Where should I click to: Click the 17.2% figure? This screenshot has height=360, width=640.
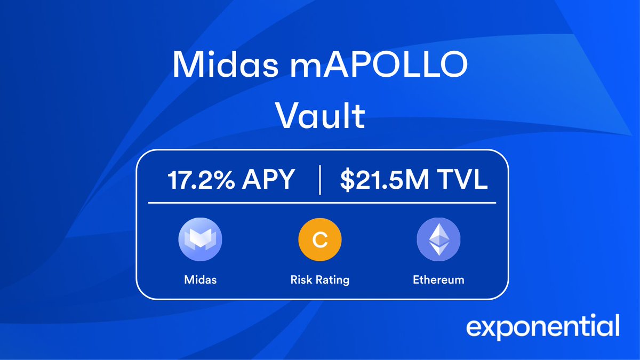click(201, 181)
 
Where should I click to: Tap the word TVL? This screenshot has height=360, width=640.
click(461, 181)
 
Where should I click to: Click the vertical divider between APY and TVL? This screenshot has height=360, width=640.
click(319, 181)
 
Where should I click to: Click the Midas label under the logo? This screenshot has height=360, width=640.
click(200, 279)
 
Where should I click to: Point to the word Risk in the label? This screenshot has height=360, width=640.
click(301, 279)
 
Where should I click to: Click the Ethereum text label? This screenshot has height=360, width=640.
click(438, 279)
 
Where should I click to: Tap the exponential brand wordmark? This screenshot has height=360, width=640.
click(543, 326)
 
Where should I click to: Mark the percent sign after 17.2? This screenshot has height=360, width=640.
click(225, 181)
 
